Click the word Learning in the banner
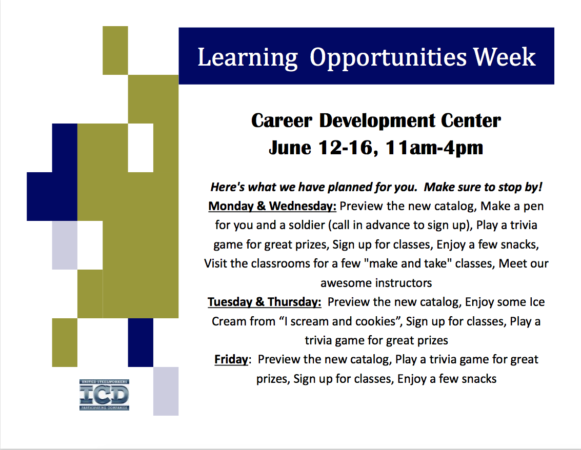(x=248, y=57)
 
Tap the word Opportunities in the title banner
(x=388, y=58)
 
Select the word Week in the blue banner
(x=504, y=57)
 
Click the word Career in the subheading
(x=282, y=121)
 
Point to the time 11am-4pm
(x=434, y=148)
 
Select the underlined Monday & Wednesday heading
(x=272, y=206)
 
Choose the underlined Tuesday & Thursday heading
(x=264, y=302)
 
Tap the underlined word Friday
(x=231, y=359)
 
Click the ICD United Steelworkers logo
(x=104, y=395)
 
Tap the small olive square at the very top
(x=115, y=50)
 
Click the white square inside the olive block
(x=141, y=148)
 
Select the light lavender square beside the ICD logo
(x=166, y=391)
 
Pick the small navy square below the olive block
(x=141, y=342)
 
